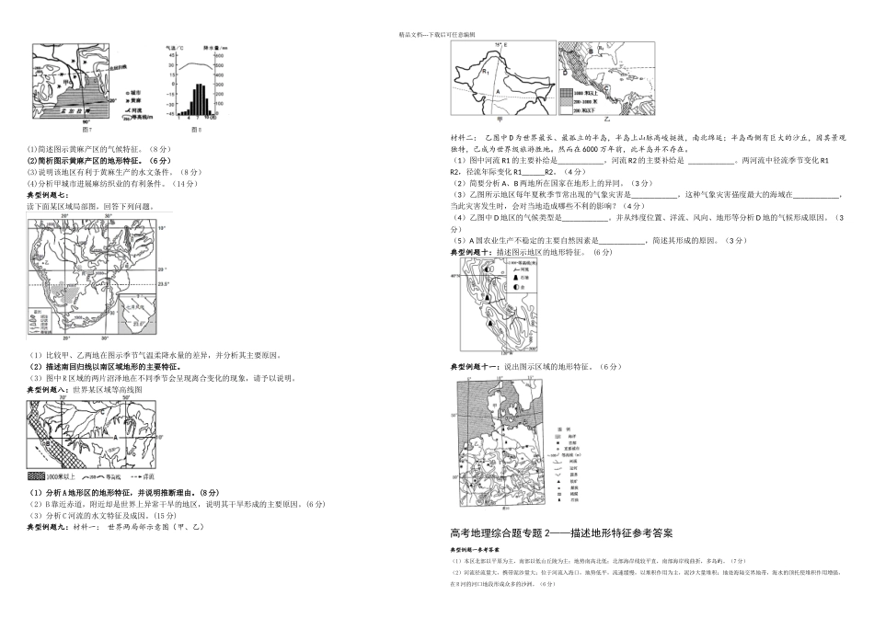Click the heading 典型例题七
[49, 196]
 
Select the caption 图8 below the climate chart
[195, 130]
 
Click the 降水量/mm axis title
[217, 46]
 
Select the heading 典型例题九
[49, 528]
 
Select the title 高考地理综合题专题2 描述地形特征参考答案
[575, 532]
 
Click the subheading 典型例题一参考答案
[481, 549]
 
